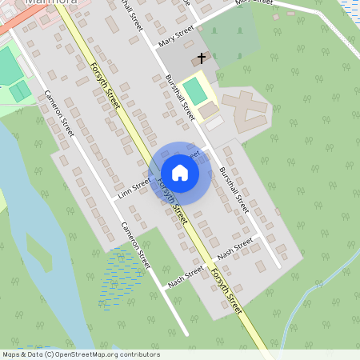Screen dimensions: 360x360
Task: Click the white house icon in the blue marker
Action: pyautogui.click(x=179, y=172)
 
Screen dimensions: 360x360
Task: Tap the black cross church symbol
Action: pyautogui.click(x=201, y=58)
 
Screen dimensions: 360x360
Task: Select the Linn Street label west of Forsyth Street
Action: pyautogui.click(x=134, y=187)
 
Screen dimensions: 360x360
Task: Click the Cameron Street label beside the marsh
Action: pyautogui.click(x=136, y=244)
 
